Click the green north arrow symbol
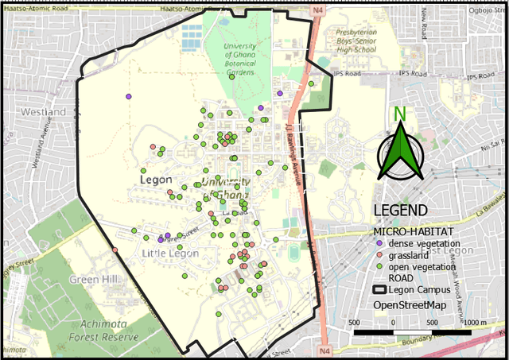click(401, 154)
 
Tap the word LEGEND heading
click(401, 211)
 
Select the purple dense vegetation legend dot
click(379, 242)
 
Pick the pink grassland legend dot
click(379, 254)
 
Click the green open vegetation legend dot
click(379, 267)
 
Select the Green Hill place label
click(94, 280)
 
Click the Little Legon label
click(169, 253)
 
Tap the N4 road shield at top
click(318, 9)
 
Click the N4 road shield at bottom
click(324, 350)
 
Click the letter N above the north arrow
click(400, 114)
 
